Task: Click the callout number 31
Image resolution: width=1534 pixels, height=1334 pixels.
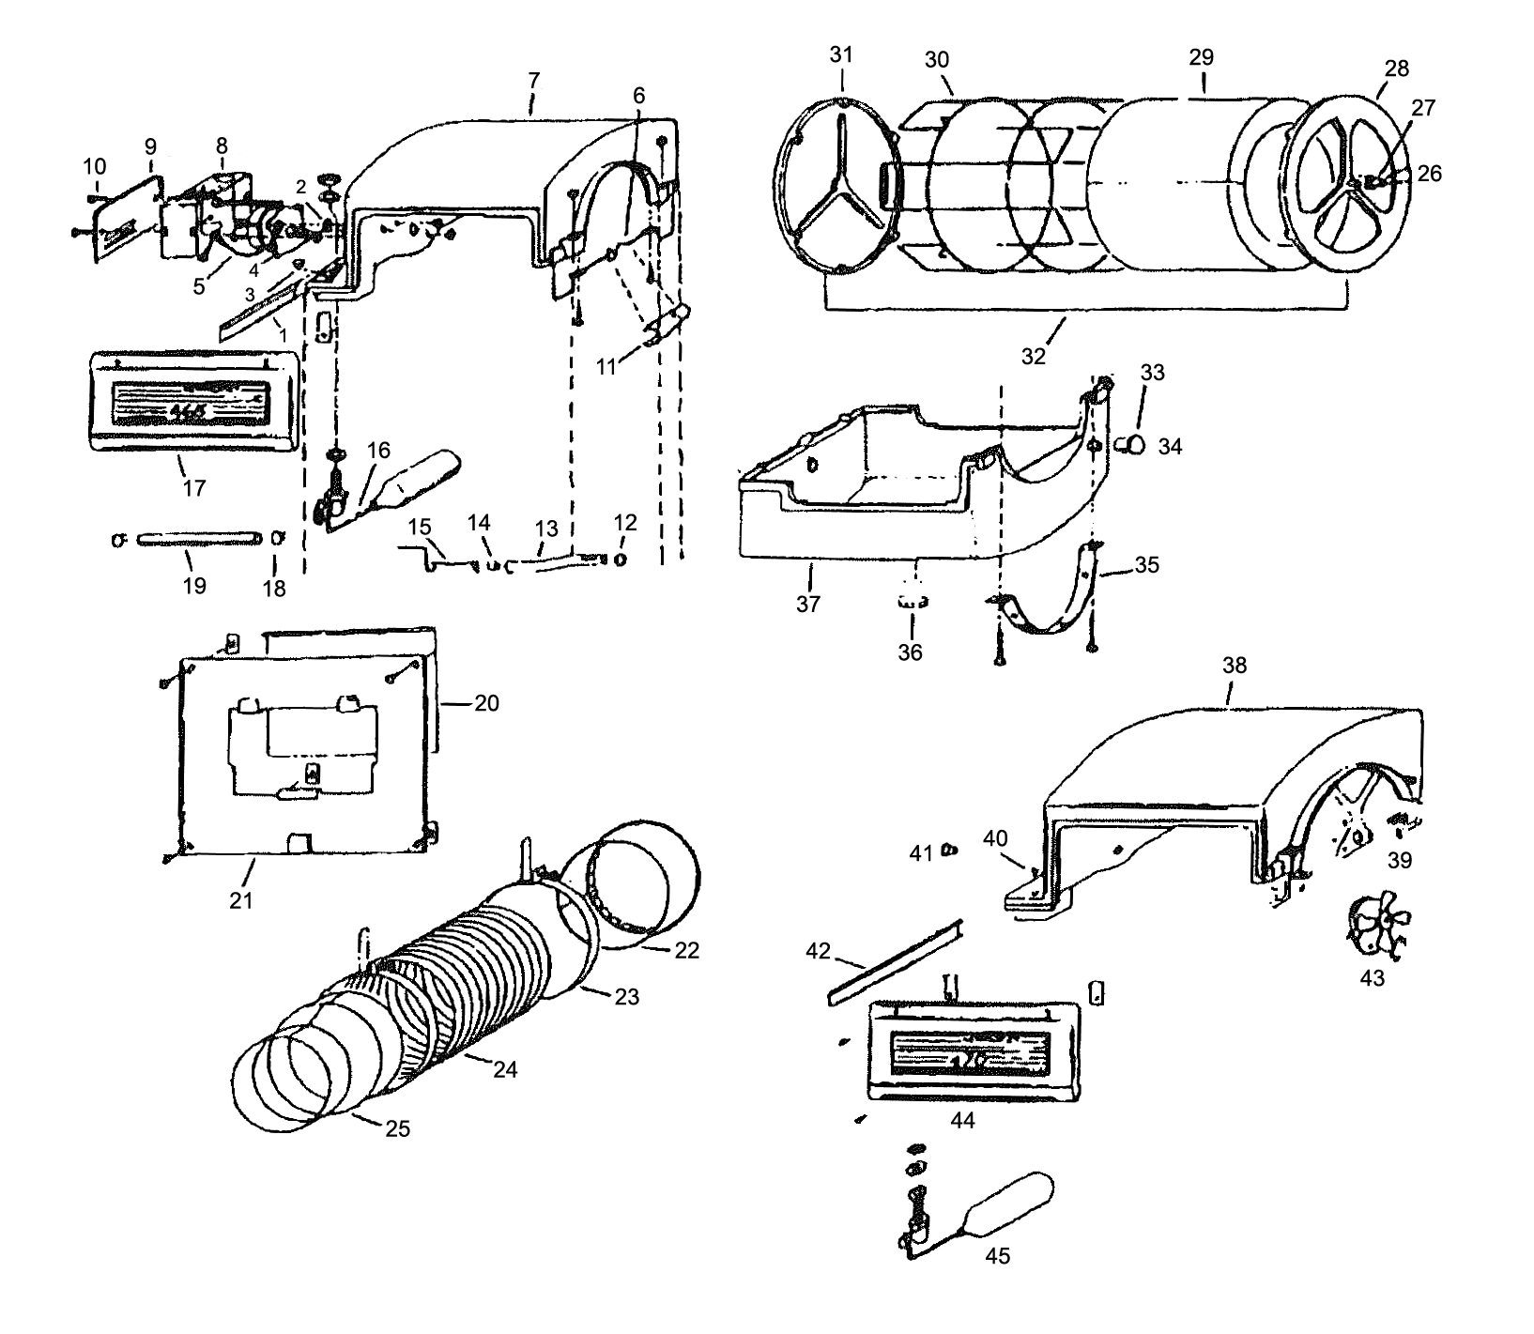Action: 840,54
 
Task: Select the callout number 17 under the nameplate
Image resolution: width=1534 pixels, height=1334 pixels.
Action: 194,488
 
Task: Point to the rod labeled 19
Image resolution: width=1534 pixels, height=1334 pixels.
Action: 198,539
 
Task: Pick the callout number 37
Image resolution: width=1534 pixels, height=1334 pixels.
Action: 807,604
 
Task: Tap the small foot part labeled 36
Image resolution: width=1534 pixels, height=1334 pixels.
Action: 910,602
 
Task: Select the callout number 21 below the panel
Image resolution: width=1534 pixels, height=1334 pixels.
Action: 241,900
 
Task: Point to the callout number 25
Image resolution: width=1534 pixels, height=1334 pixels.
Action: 398,1127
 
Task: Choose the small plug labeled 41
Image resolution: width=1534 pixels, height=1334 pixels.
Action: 948,851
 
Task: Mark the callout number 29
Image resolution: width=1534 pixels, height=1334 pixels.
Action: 1201,56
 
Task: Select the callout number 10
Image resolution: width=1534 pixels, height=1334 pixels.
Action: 95,166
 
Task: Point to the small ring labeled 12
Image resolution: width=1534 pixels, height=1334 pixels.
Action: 621,560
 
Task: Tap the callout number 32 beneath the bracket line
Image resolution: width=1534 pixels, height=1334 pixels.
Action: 1033,356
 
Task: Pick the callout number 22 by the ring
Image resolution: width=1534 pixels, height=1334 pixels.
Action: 686,950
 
